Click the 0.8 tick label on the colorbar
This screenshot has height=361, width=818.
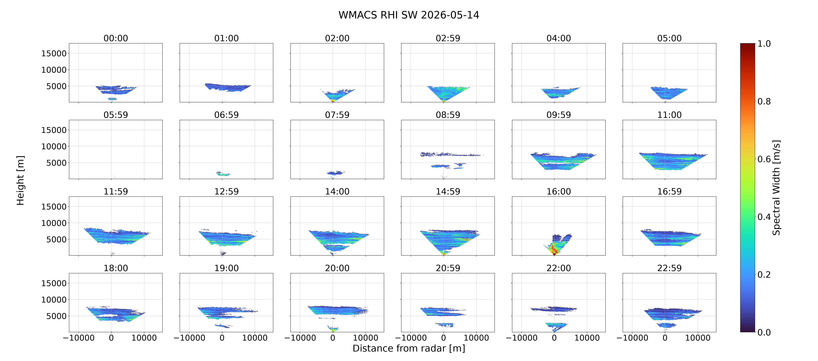[x=764, y=101]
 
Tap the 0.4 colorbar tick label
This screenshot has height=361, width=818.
[x=764, y=217]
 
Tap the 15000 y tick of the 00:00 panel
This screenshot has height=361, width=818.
[x=54, y=53]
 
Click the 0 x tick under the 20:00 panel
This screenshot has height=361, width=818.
[x=333, y=338]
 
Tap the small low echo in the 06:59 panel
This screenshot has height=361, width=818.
[x=223, y=174]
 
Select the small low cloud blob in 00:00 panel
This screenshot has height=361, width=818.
[x=112, y=99]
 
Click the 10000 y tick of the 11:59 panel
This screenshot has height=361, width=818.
[x=54, y=223]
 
